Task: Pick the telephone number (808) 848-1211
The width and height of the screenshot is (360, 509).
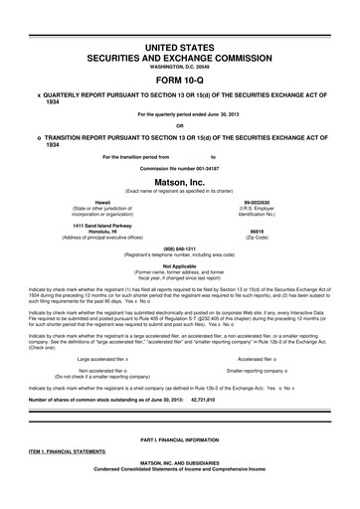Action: point(180,249)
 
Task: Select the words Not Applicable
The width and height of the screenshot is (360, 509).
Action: point(180,265)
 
